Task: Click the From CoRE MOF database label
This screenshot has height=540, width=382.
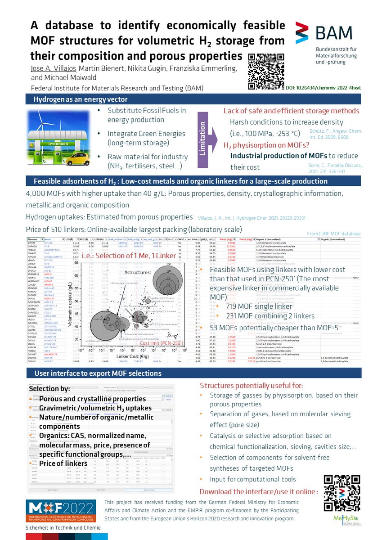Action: point(333,234)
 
